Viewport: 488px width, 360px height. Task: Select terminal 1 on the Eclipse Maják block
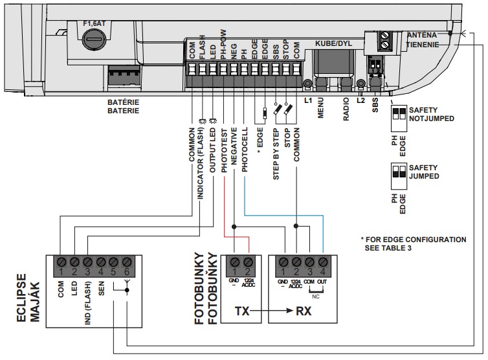coord(61,263)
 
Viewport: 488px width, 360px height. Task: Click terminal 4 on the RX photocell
coord(322,263)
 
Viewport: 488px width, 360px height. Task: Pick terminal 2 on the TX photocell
coord(246,263)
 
